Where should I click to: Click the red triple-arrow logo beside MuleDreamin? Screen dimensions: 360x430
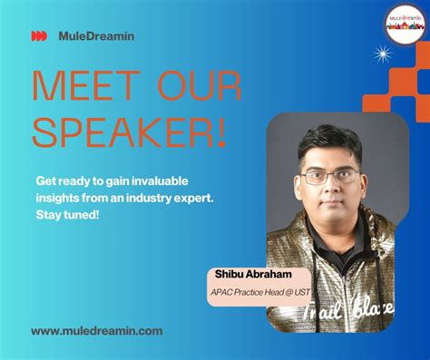point(38,36)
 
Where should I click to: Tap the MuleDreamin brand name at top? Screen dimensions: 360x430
point(95,36)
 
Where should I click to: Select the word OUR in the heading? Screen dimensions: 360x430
point(196,86)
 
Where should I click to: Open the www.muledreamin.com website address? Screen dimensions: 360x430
point(97,331)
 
